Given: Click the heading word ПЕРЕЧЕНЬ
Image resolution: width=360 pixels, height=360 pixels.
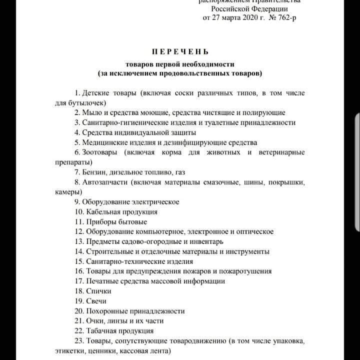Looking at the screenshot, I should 180,51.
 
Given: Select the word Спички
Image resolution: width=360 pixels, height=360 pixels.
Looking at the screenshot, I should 98,291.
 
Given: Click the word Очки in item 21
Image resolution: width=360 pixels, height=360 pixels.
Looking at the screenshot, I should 95,321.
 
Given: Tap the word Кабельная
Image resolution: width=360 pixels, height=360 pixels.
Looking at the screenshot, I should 104,211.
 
